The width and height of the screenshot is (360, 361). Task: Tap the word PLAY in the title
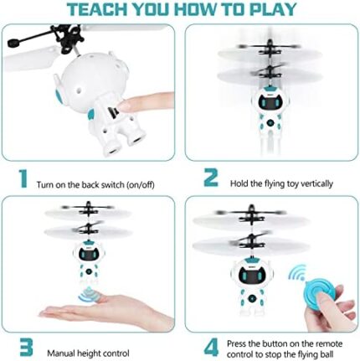(273, 9)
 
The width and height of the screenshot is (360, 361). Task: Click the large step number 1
(23, 178)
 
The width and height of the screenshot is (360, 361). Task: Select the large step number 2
(211, 178)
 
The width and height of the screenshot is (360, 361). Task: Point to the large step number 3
(26, 347)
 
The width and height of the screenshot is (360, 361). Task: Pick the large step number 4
(212, 347)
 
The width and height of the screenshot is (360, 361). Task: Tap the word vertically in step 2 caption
(316, 183)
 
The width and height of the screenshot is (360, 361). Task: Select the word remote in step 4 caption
(328, 343)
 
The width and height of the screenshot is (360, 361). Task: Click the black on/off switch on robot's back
(113, 112)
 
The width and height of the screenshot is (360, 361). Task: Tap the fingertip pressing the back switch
(124, 106)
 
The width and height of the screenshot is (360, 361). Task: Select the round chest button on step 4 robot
(253, 298)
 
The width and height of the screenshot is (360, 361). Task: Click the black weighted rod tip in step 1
(14, 43)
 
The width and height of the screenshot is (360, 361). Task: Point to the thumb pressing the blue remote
(324, 298)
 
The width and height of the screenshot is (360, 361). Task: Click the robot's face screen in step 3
(89, 254)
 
